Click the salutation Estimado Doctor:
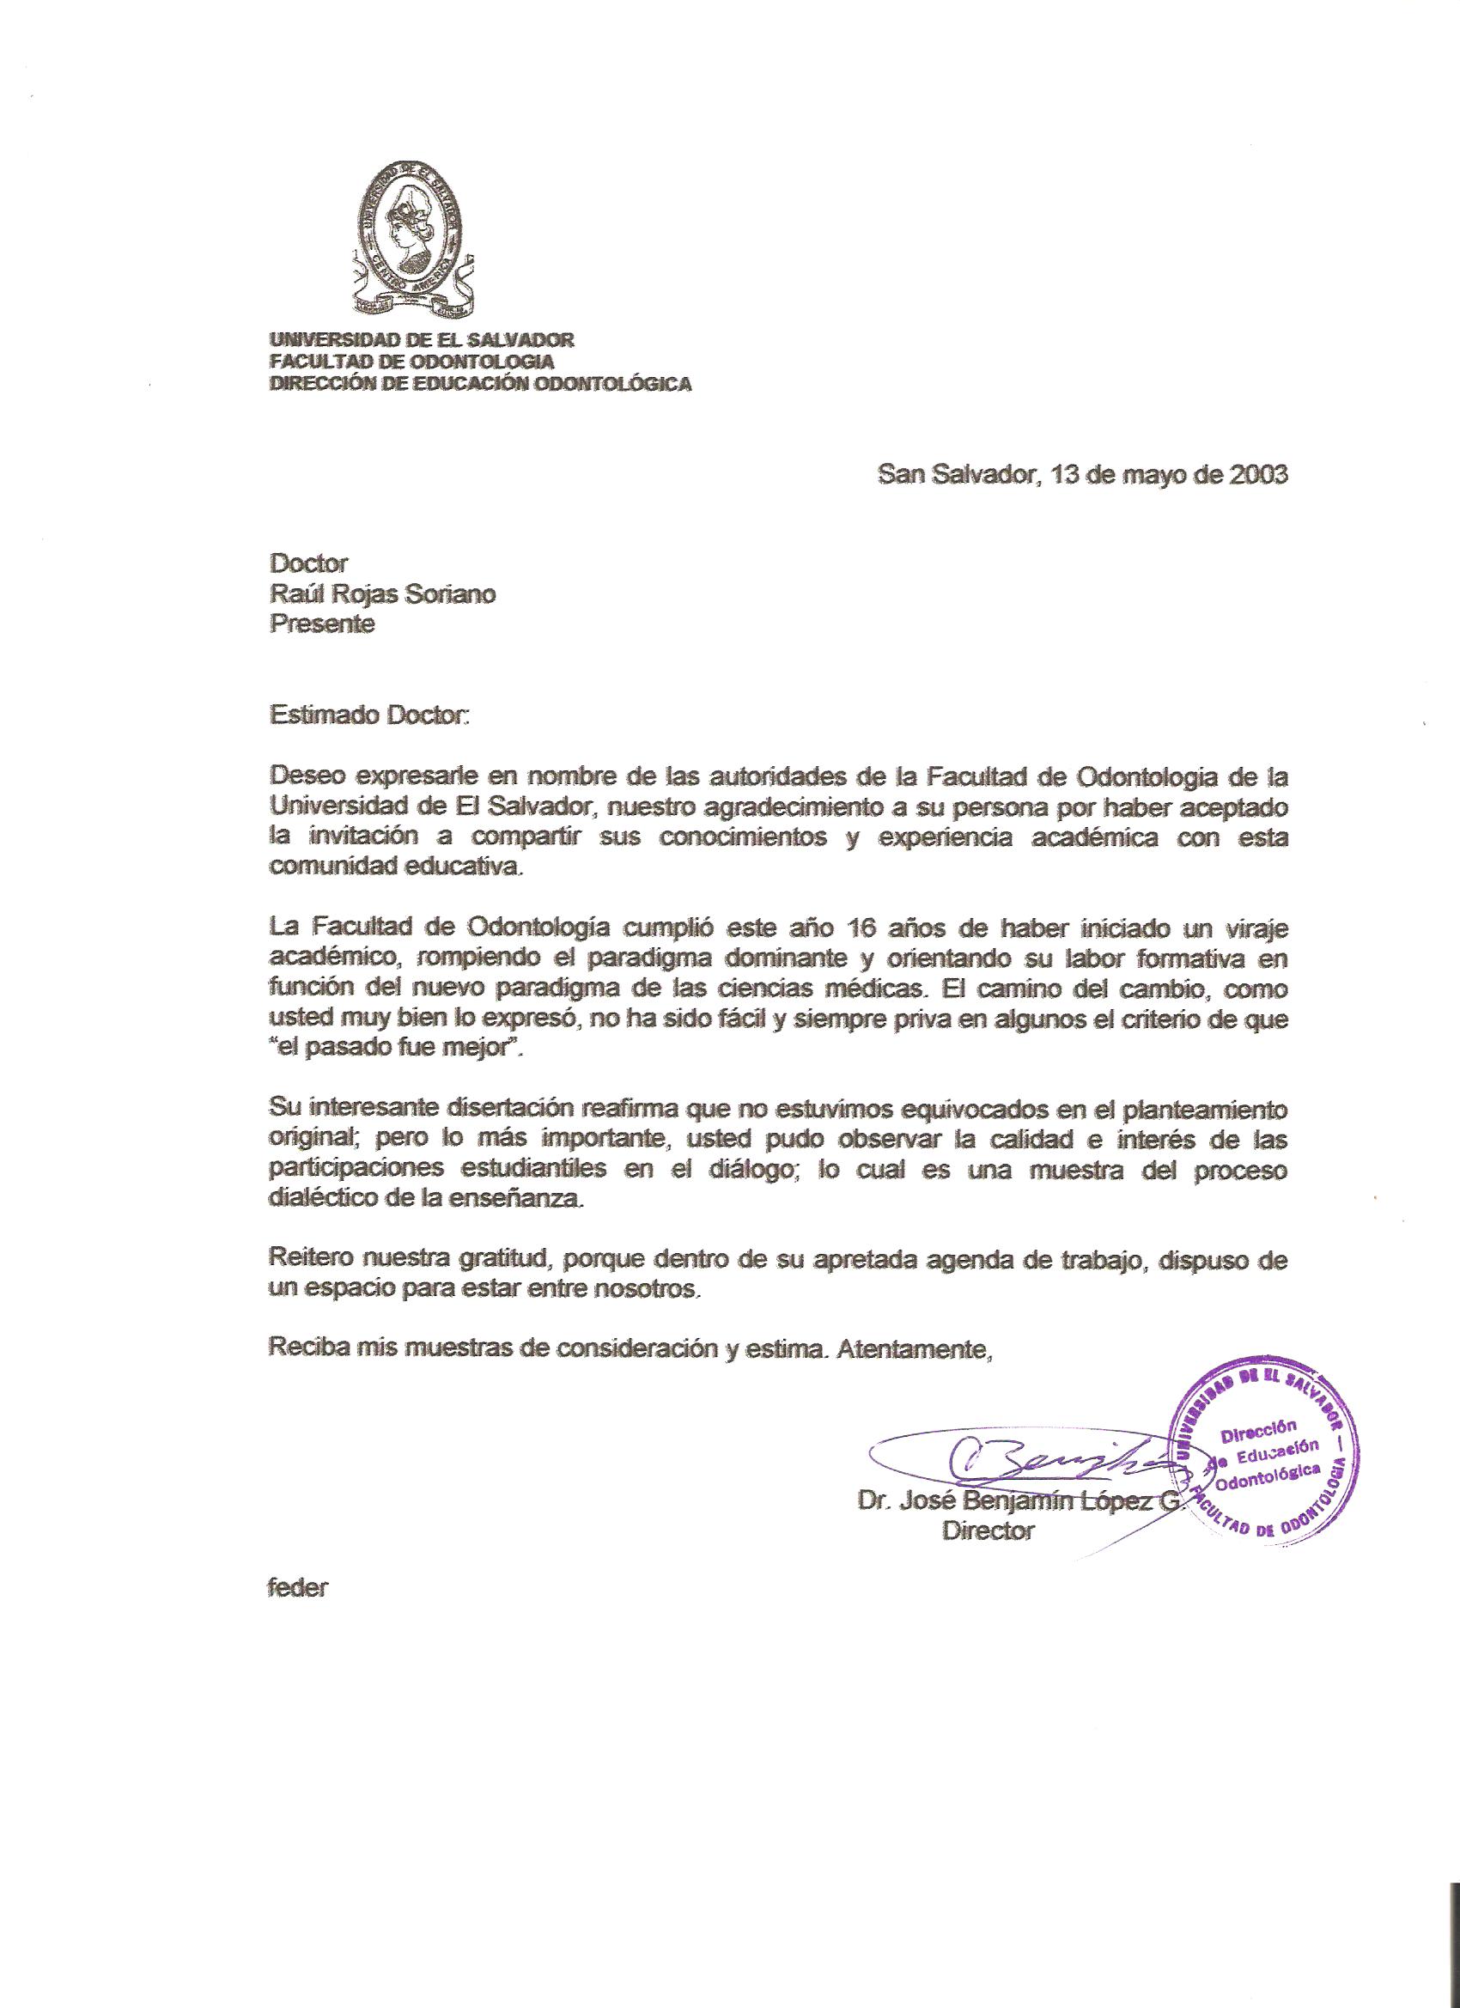pyautogui.click(x=367, y=715)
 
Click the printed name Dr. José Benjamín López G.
pyautogui.click(x=1019, y=1502)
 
